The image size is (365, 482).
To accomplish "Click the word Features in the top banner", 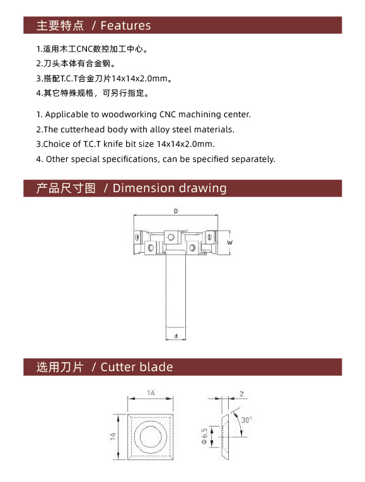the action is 125,25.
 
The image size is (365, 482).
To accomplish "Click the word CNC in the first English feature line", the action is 168,114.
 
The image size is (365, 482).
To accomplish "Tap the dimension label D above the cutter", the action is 176,211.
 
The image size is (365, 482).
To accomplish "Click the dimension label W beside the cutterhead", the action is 229,243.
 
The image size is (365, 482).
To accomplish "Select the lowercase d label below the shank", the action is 176,336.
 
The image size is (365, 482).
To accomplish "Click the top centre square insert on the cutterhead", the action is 171,237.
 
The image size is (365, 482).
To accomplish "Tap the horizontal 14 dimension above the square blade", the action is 151,393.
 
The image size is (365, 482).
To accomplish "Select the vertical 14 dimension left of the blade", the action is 113,436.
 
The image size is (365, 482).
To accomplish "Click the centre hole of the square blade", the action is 151,437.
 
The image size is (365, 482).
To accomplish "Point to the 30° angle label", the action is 246,420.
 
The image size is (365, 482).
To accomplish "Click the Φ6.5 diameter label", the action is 204,436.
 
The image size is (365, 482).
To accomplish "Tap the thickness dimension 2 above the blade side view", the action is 241,394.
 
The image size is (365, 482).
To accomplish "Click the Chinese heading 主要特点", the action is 60,25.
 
